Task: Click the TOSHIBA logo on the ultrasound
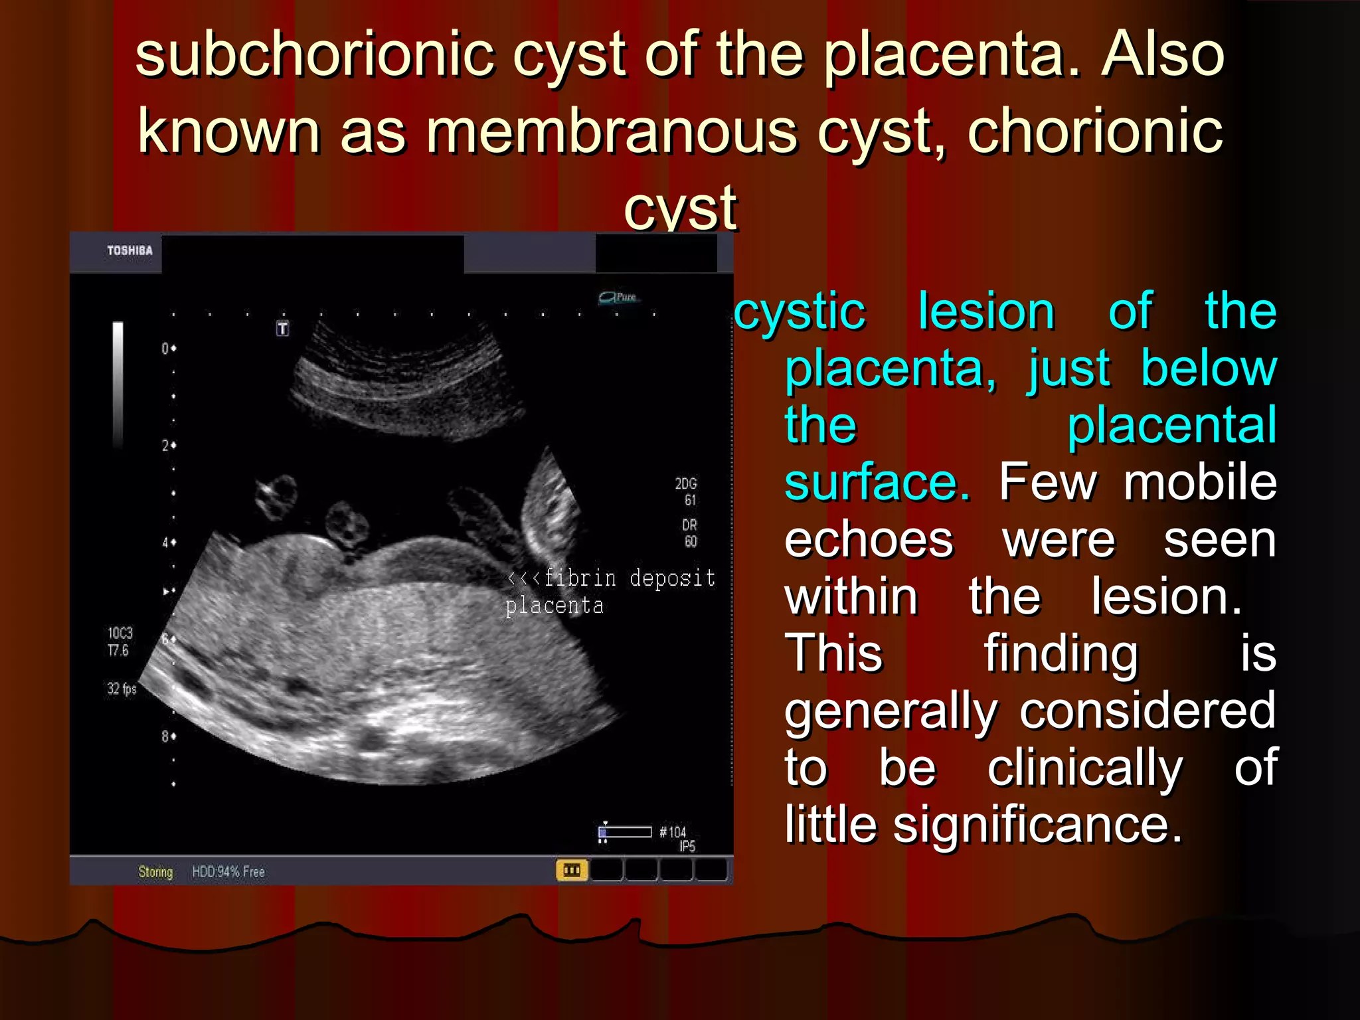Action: point(129,250)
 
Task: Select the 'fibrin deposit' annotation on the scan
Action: point(628,578)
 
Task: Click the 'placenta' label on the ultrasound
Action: point(554,606)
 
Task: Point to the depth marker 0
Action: point(165,349)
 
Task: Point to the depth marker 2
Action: point(165,446)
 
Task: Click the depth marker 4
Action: point(165,543)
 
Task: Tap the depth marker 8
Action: point(165,736)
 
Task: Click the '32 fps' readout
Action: point(122,689)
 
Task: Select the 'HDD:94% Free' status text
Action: point(228,872)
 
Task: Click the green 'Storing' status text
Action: point(155,872)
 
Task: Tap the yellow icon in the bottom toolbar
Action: point(571,870)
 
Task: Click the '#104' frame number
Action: point(673,832)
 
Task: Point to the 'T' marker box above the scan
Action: point(283,328)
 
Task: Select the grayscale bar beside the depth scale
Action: point(118,382)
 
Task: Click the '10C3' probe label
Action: point(120,633)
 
